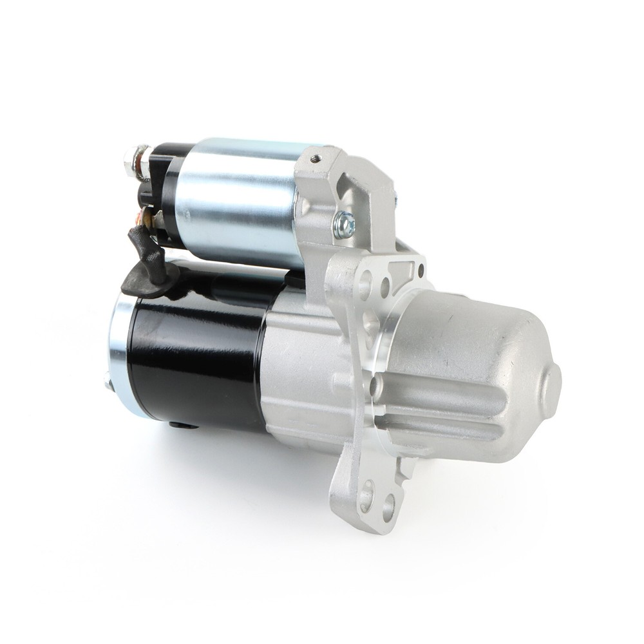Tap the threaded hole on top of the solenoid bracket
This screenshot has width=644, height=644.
pos(315,156)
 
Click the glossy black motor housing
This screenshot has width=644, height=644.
pos(193,361)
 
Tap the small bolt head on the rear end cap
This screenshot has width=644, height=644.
pos(108,383)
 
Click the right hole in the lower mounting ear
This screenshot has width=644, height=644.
pos(388,506)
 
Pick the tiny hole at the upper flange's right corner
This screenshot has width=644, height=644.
pos(421,270)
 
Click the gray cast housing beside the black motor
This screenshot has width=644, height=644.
pos(296,374)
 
